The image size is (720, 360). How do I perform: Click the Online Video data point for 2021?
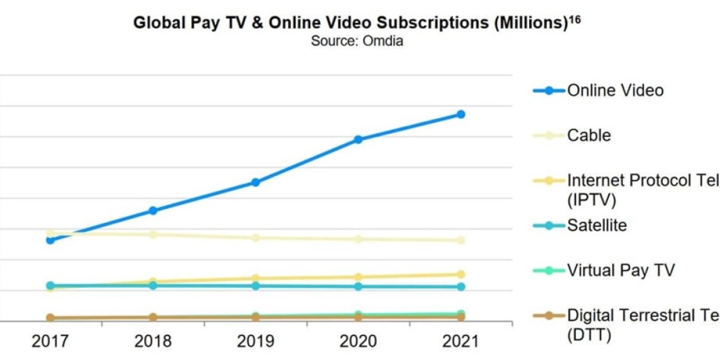461,114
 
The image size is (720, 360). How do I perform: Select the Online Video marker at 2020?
358,139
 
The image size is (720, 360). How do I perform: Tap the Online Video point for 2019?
256,182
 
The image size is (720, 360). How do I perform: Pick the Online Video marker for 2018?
153,211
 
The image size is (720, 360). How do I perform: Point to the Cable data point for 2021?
461,240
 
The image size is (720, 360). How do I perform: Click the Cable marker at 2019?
256,238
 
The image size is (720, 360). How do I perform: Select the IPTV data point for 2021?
461,274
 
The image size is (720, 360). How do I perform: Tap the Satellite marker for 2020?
358,286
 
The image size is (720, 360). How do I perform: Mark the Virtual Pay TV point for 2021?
461,314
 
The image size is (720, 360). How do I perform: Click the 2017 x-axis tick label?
50,341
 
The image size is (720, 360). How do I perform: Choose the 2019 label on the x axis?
256,341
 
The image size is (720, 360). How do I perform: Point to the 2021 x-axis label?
461,341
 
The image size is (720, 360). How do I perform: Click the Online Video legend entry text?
615,91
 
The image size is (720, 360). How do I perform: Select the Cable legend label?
589,136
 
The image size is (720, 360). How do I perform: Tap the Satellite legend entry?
596,226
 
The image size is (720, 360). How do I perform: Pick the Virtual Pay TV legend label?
621,271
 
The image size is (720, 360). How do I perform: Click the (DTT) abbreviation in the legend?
589,334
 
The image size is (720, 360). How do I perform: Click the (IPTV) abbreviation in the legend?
592,199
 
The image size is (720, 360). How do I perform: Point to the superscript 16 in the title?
575,19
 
